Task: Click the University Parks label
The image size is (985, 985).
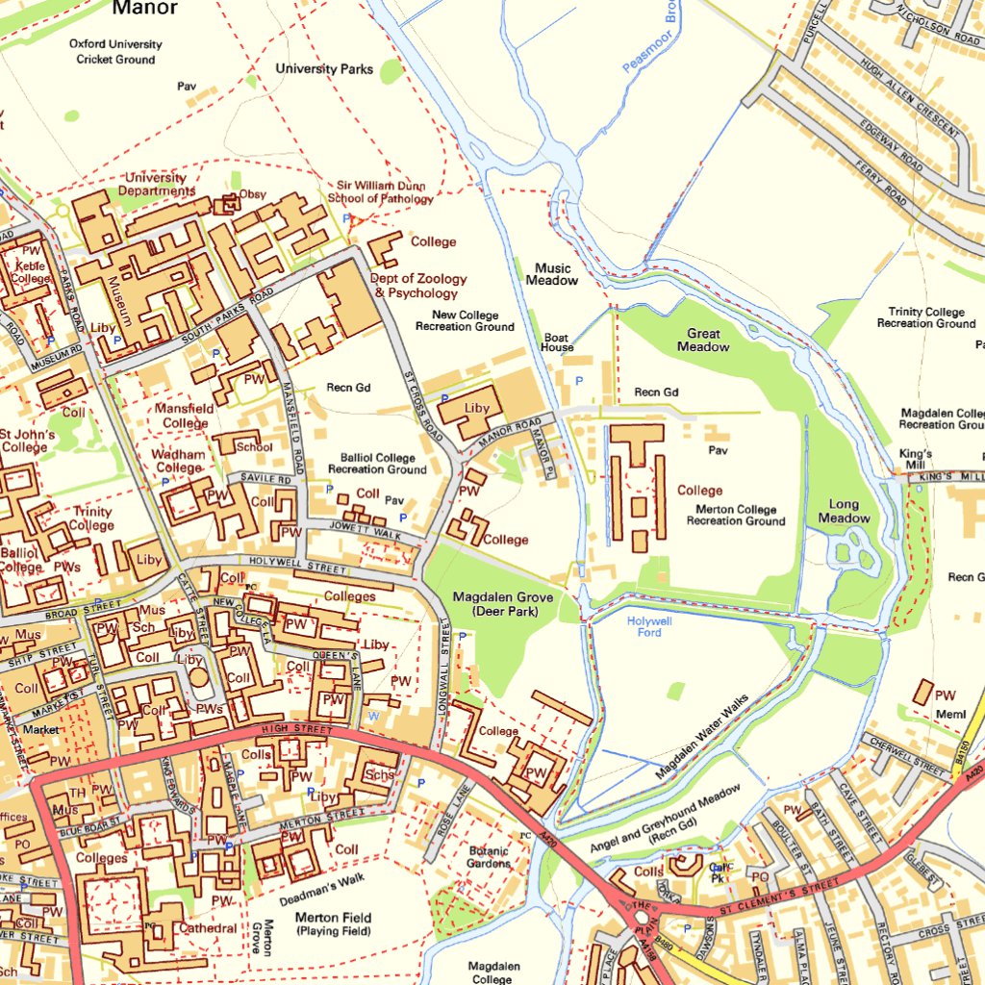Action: coord(324,69)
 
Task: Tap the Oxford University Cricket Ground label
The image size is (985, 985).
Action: coord(115,52)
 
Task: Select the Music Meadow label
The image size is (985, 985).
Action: coord(552,274)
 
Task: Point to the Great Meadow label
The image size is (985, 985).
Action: coord(703,341)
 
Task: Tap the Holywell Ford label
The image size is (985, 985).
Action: coord(649,626)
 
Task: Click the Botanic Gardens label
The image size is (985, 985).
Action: coord(489,857)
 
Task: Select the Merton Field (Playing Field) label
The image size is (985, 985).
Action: coord(333,924)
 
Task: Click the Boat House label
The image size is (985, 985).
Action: coord(557,342)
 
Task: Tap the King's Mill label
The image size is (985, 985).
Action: coord(916,459)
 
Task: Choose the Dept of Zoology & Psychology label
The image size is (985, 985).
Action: coord(417,286)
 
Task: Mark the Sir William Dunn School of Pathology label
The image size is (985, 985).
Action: coord(380,192)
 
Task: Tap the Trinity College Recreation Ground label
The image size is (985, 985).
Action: coord(925,317)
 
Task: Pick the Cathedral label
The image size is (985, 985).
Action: coord(208,928)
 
